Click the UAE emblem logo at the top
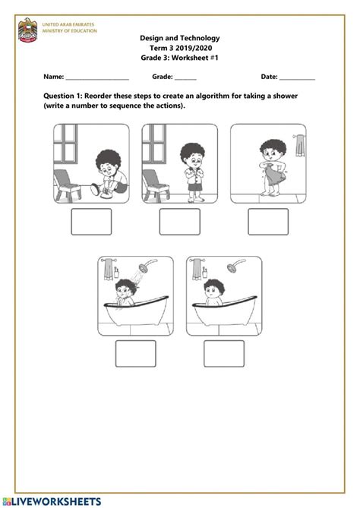coord(28,30)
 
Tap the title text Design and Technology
coord(180,37)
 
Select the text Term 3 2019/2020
coord(180,47)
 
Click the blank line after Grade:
coord(186,77)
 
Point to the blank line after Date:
coord(298,77)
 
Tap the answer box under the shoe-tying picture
coord(91,222)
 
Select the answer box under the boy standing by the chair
coord(179,222)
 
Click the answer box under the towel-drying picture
coord(268,222)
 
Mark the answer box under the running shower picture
coord(135,353)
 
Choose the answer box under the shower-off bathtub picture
coord(224,353)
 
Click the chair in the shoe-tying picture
coord(66,182)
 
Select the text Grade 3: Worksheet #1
coord(180,58)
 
